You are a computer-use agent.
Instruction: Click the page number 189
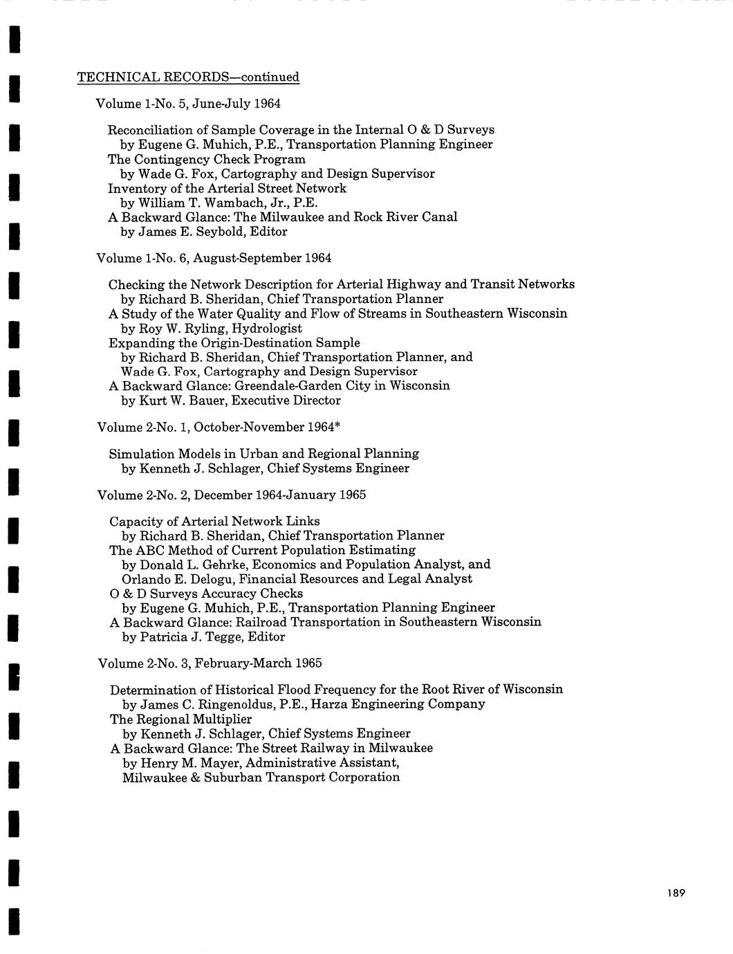[676, 893]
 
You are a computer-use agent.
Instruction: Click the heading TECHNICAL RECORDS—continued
[188, 77]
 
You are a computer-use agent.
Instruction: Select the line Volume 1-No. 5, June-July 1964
[188, 104]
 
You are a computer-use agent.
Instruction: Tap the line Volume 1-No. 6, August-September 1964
[214, 258]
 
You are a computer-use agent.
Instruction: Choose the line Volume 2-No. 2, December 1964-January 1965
[232, 495]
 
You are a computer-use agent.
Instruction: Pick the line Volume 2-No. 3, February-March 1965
[210, 663]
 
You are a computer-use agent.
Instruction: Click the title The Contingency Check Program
[206, 159]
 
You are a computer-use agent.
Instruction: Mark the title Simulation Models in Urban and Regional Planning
[264, 454]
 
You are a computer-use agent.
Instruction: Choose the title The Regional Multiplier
[180, 719]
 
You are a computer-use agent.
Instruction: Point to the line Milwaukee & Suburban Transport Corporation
[261, 777]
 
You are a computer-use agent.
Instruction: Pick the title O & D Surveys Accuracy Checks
[206, 594]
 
